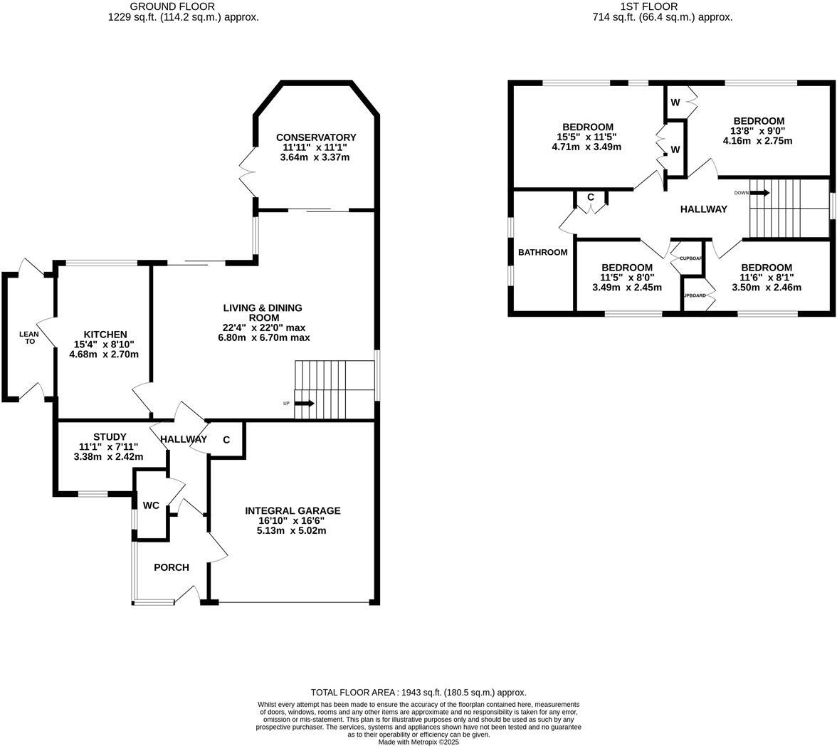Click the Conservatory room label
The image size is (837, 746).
tap(316, 137)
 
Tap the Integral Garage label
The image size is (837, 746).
tap(293, 510)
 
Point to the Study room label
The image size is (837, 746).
tap(110, 437)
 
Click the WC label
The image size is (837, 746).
tap(151, 505)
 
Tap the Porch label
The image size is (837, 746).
tap(172, 567)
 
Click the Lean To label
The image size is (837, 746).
tap(29, 337)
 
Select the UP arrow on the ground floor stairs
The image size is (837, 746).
tap(304, 404)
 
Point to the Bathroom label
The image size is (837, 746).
tap(542, 252)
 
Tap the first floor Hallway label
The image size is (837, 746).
tap(703, 209)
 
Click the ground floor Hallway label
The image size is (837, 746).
tap(183, 439)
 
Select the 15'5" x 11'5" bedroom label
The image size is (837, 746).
tap(587, 127)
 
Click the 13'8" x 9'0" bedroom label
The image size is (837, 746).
tap(759, 121)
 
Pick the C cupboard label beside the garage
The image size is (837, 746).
tap(226, 440)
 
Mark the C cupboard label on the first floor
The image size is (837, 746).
tap(590, 197)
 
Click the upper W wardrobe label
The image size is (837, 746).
tap(675, 103)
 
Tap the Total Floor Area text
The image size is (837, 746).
tap(418, 692)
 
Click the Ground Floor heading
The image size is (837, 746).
tap(183, 6)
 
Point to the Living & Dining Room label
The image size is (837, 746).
tap(263, 312)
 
